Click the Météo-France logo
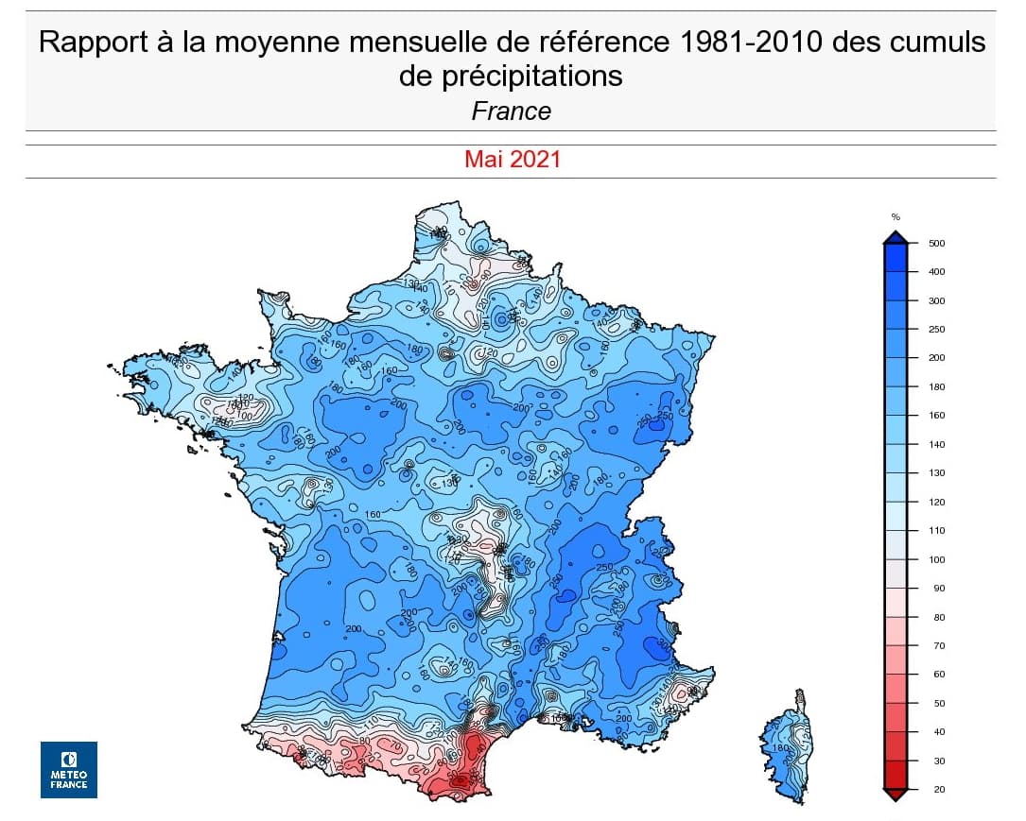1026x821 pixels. pos(68,769)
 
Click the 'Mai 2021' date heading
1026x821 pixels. pos(512,160)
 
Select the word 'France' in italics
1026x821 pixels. pos(511,111)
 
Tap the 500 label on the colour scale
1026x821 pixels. pos(937,244)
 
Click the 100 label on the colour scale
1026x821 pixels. pos(937,559)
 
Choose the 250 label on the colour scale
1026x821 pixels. pos(937,330)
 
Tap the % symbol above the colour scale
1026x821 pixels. pos(896,217)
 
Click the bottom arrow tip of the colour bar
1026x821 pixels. pos(896,797)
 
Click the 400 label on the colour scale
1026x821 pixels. pos(937,272)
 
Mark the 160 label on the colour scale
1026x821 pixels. pos(937,416)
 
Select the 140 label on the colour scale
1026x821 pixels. pos(937,444)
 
